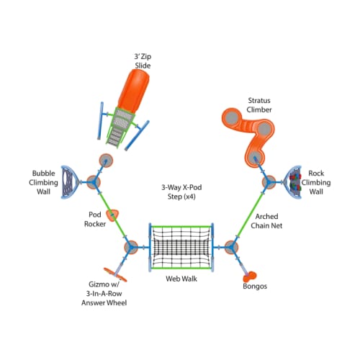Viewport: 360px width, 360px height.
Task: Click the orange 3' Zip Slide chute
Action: pyautogui.click(x=134, y=91)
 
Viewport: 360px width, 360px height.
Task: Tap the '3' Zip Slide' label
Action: pyautogui.click(x=143, y=61)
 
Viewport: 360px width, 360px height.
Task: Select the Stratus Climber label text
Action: pyautogui.click(x=259, y=105)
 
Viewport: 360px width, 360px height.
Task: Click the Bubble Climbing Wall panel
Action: pyautogui.click(x=69, y=182)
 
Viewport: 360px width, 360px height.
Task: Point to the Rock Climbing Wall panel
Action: pyautogui.click(x=293, y=182)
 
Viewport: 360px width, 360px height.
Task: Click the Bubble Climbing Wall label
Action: pyautogui.click(x=43, y=182)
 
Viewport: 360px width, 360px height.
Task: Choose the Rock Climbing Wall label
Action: pyautogui.click(x=316, y=182)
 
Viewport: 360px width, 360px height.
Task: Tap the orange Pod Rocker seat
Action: pyautogui.click(x=112, y=215)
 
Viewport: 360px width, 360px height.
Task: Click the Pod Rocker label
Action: pyautogui.click(x=95, y=219)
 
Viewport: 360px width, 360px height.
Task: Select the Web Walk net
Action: pyautogui.click(x=181, y=248)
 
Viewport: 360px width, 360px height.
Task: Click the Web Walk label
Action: pyautogui.click(x=181, y=279)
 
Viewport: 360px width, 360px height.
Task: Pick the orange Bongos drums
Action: pyautogui.click(x=250, y=276)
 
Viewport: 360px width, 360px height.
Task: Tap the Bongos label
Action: pyautogui.click(x=255, y=287)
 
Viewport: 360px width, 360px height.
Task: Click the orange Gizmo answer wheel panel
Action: pyautogui.click(x=115, y=274)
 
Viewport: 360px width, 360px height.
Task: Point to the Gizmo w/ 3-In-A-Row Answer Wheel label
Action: pyautogui.click(x=104, y=293)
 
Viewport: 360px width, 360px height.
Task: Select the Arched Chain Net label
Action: pyautogui.click(x=266, y=221)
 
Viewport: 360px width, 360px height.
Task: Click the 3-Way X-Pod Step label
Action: pyautogui.click(x=181, y=192)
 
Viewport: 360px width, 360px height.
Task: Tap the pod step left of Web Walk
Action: pyautogui.click(x=131, y=247)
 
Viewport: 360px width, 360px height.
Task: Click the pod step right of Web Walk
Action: pyautogui.click(x=231, y=247)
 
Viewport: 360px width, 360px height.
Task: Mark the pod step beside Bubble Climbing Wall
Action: pyautogui.click(x=93, y=182)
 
